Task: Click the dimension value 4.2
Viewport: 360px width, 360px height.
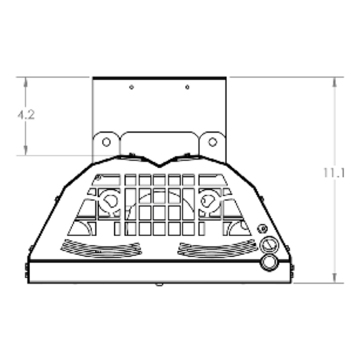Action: (x=26, y=115)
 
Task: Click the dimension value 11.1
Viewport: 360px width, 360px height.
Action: (x=334, y=173)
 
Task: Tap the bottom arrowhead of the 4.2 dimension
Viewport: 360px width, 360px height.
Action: (x=26, y=152)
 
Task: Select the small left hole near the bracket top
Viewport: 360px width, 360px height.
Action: (x=131, y=87)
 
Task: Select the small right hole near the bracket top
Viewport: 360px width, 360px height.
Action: (x=187, y=87)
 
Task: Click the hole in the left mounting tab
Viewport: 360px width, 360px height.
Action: (x=106, y=142)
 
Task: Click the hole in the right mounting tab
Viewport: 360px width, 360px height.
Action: (x=212, y=142)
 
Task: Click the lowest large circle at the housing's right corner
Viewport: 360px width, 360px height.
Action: (x=269, y=263)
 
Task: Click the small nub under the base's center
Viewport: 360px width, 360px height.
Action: (x=159, y=284)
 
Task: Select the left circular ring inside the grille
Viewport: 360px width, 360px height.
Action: (x=108, y=201)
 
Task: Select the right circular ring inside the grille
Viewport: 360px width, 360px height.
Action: (x=208, y=201)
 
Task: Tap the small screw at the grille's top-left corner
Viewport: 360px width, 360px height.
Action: (x=98, y=177)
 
